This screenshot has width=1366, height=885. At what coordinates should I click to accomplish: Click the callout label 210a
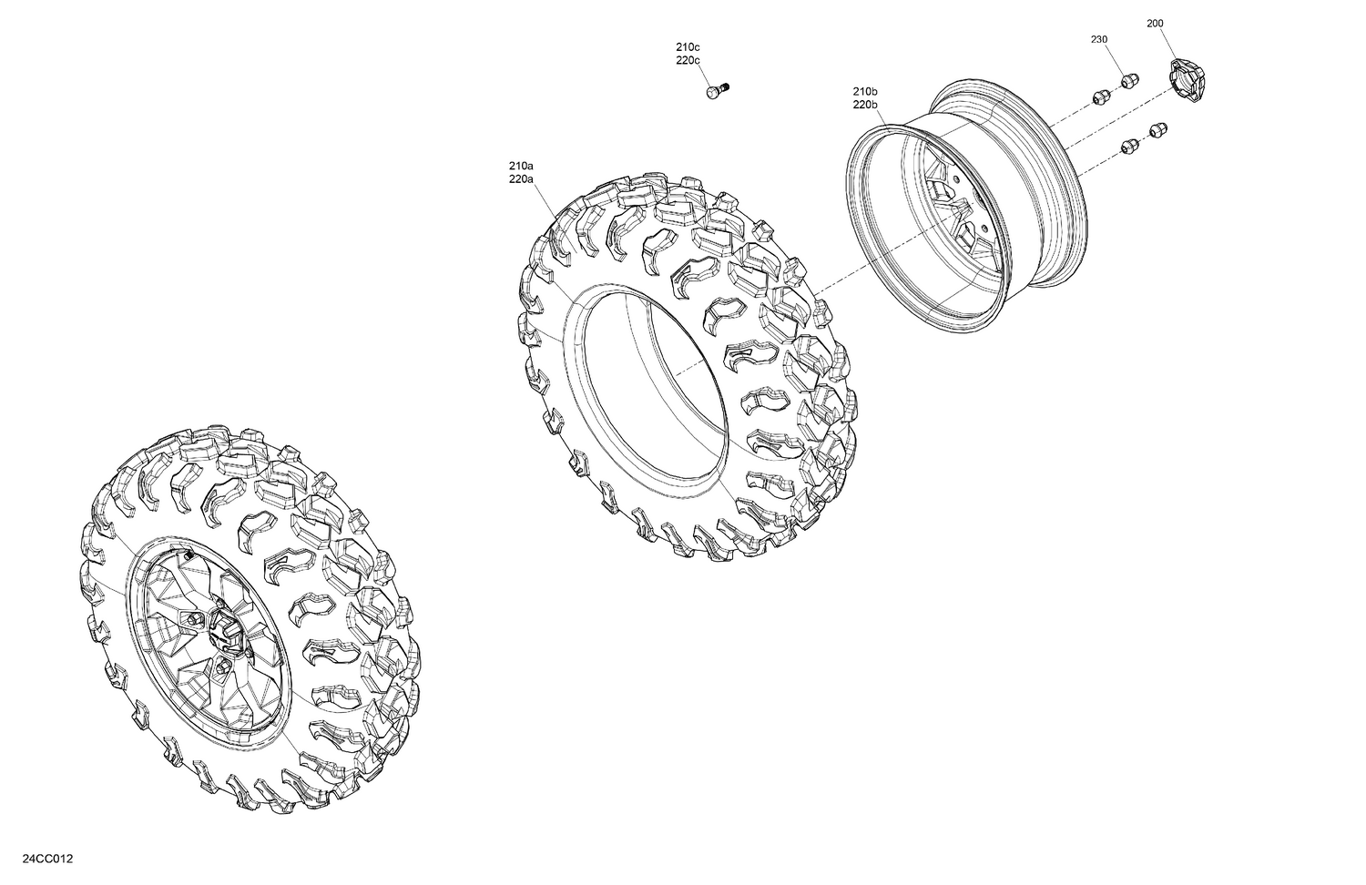(521, 166)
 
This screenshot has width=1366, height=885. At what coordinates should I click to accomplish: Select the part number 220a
(521, 179)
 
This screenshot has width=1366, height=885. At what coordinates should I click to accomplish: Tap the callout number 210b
(865, 91)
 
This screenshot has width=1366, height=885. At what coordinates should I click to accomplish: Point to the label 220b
(865, 105)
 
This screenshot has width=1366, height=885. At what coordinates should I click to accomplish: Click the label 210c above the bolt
(688, 46)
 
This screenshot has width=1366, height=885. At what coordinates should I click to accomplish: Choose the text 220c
(688, 60)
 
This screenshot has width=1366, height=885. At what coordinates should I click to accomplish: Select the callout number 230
(1099, 39)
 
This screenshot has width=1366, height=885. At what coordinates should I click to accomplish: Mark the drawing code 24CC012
(36, 860)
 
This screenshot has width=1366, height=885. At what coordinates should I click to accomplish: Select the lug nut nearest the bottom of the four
(1130, 144)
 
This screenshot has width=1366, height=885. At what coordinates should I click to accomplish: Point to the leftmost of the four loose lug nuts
(1099, 96)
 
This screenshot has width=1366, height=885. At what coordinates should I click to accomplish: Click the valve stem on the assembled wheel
(187, 554)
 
